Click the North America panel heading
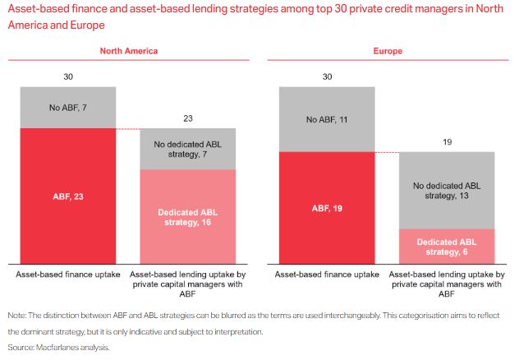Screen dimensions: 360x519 (129, 51)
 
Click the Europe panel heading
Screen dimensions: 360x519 (387, 51)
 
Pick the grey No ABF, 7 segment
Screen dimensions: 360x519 (67, 107)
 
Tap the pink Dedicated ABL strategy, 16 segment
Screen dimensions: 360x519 (188, 216)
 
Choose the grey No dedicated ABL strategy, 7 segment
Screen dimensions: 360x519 (188, 149)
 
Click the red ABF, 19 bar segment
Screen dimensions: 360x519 (327, 208)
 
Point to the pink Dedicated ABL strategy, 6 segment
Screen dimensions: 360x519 (447, 245)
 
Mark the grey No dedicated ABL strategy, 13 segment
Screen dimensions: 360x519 (447, 191)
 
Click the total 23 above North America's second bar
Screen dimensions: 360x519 (188, 118)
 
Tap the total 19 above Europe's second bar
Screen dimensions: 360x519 (447, 141)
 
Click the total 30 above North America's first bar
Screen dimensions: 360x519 (67, 76)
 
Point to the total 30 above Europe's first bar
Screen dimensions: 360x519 (327, 76)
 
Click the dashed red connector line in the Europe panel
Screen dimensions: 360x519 (387, 152)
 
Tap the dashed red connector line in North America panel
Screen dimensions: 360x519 (128, 129)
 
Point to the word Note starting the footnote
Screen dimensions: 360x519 (17, 316)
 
